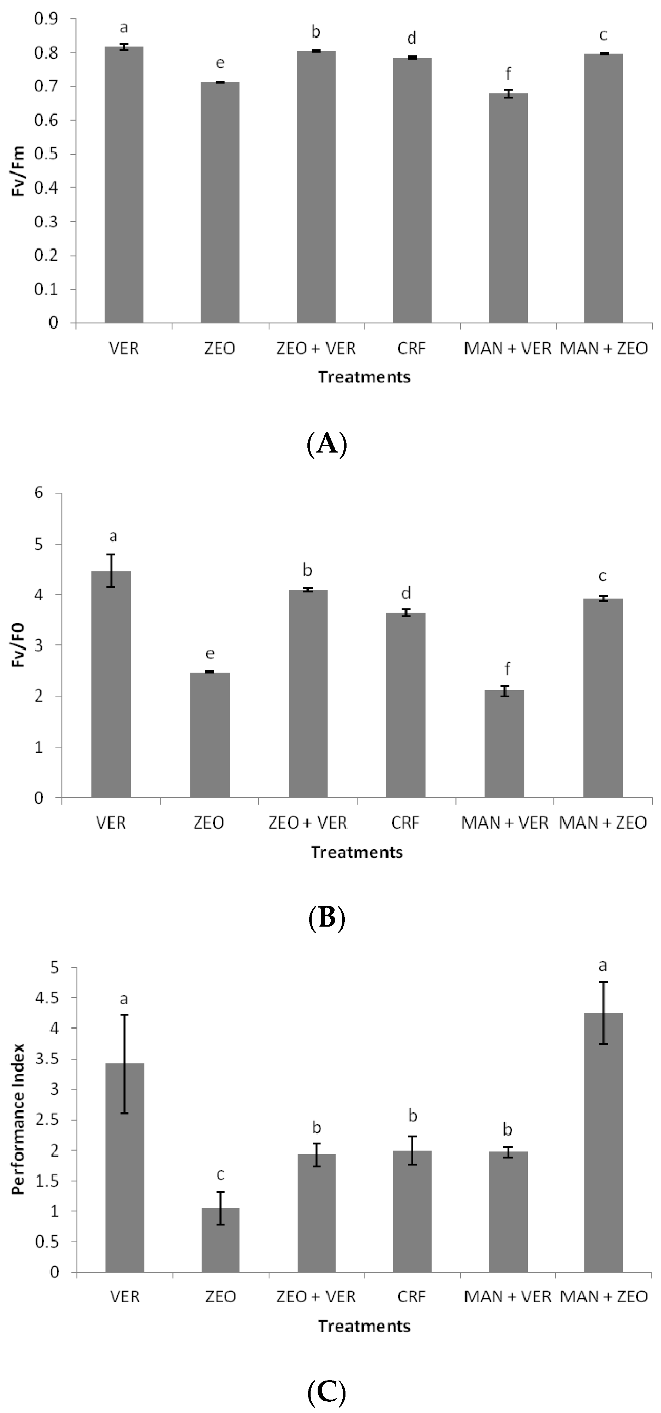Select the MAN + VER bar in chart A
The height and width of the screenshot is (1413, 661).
coord(508,208)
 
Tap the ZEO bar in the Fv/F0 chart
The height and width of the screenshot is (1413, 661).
coord(209,735)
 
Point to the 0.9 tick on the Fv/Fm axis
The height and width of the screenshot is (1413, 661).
coord(47,19)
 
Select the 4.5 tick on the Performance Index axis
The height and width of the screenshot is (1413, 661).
coord(47,998)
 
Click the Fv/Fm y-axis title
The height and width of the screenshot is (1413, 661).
coord(19,171)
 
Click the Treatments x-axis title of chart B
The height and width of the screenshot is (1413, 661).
coord(357,852)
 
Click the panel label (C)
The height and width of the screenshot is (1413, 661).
coord(327,1391)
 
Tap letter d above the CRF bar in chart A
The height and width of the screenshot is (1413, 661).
coord(412,38)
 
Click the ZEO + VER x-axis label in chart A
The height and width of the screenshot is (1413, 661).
coord(316,348)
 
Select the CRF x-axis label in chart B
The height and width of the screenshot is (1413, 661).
coord(405,823)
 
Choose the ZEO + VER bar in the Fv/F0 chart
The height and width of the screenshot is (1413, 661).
coord(308,694)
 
